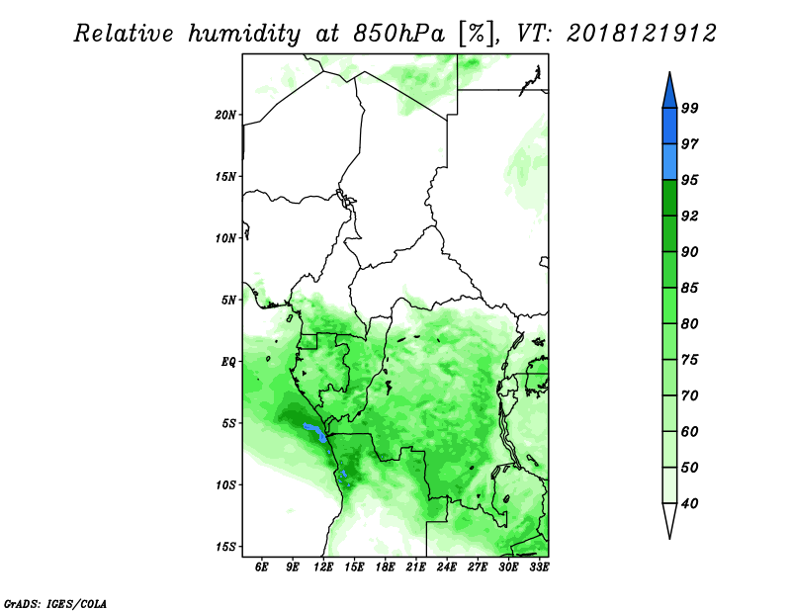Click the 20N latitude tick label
(x=225, y=115)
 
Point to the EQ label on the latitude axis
(x=228, y=362)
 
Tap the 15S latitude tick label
(x=225, y=547)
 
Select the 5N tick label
(x=228, y=301)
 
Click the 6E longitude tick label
(x=261, y=567)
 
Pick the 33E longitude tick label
(x=539, y=567)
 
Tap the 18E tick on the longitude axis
(x=385, y=567)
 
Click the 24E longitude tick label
(x=447, y=567)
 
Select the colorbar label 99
(x=689, y=108)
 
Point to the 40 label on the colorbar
(x=689, y=503)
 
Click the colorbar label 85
(x=689, y=288)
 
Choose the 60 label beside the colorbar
(x=689, y=431)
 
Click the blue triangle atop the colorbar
(x=669, y=93)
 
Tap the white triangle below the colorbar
(x=669, y=517)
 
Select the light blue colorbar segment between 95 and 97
(x=669, y=162)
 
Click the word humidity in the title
(x=244, y=34)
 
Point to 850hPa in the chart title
(x=399, y=34)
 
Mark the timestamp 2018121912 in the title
(x=641, y=34)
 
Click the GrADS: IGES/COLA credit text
(x=55, y=604)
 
